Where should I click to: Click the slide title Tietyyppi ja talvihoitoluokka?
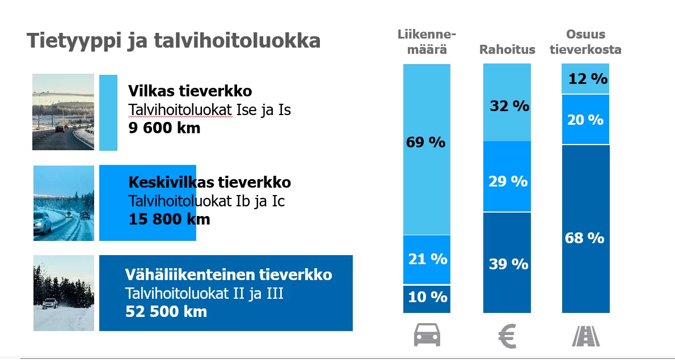point(174,41)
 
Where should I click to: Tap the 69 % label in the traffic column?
point(425,142)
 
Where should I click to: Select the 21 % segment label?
point(428,259)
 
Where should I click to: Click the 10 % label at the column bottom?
point(427,297)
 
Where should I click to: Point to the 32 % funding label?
point(509,106)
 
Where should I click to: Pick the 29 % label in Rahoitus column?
point(508,181)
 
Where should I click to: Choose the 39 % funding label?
point(508,264)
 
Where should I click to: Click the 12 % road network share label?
point(588,79)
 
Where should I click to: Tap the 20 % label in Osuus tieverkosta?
point(585,120)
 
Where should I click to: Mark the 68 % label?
point(584,238)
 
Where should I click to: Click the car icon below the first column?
point(427,336)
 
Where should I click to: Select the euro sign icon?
point(507,336)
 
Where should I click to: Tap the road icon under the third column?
point(586,336)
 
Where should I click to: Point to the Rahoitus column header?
point(507,49)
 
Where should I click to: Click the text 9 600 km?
point(164,128)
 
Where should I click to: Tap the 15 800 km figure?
point(169,219)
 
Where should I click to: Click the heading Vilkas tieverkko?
point(189,91)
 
